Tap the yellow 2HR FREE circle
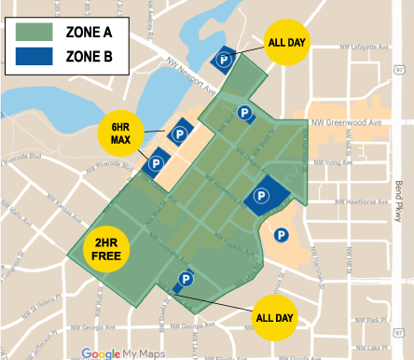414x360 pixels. click(106, 248)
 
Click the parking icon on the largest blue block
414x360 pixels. click(262, 195)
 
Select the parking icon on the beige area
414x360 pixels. click(279, 235)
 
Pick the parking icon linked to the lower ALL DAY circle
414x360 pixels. click(185, 279)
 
